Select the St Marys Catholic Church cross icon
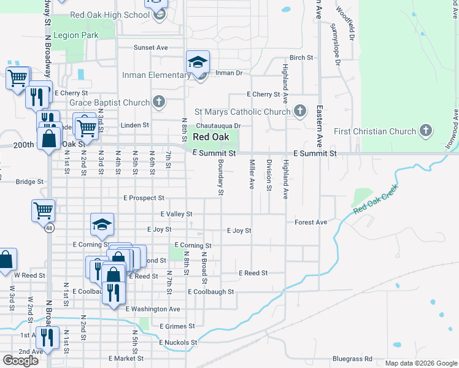pyautogui.click(x=299, y=111)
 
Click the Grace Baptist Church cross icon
pyautogui.click(x=159, y=101)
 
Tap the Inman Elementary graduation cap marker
pyautogui.click(x=198, y=63)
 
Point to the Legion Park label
pyautogui.click(x=75, y=36)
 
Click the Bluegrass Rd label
pyautogui.click(x=352, y=358)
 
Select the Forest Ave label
pyautogui.click(x=310, y=222)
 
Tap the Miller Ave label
pyautogui.click(x=252, y=174)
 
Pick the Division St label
pyautogui.click(x=269, y=174)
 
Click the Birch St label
pyautogui.click(x=301, y=58)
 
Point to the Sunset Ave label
pyautogui.click(x=151, y=47)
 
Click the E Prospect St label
pyautogui.click(x=144, y=198)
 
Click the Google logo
pyautogui.click(x=20, y=361)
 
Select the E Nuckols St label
pyautogui.click(x=178, y=342)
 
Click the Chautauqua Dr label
pyautogui.click(x=217, y=126)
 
